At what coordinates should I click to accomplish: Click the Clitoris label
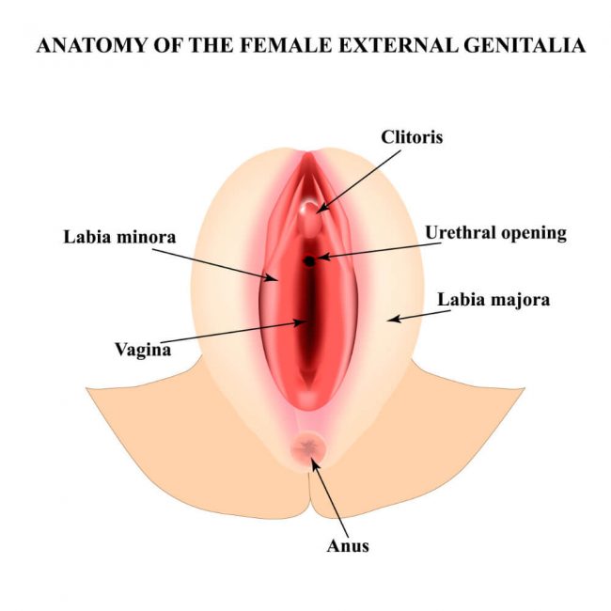pos(412,137)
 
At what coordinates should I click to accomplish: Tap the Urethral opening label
pos(495,232)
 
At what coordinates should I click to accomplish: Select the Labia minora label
pos(119,236)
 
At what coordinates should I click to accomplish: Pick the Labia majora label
pos(493,301)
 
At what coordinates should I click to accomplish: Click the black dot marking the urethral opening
pos(308,259)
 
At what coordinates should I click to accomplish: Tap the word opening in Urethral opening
pos(533,233)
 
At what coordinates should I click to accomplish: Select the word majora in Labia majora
pos(521,302)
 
